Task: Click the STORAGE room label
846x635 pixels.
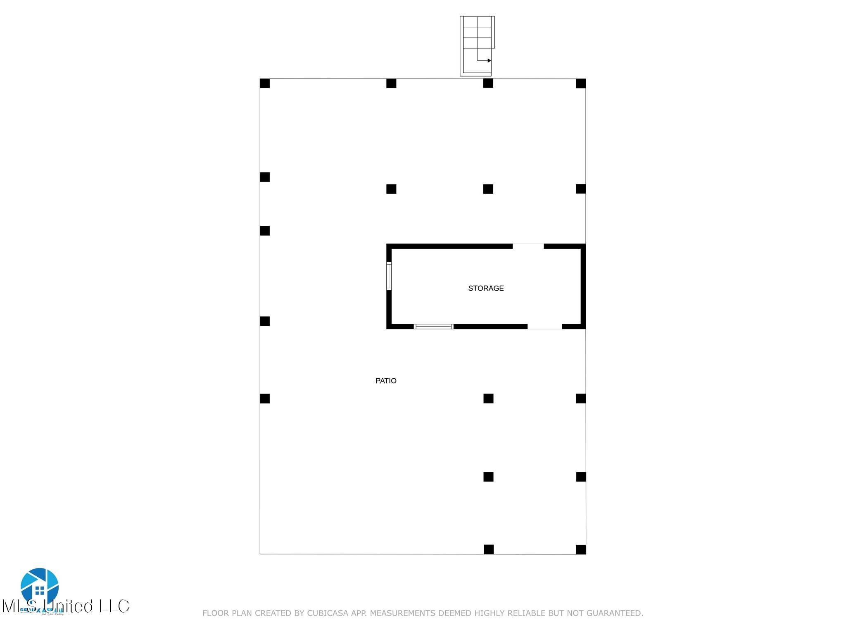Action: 486,288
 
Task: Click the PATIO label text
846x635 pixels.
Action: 386,381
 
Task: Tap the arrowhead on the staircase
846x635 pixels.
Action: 489,60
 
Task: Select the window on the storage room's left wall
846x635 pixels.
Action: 389,276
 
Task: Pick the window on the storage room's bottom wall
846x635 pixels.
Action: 433,327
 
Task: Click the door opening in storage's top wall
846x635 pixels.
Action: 528,246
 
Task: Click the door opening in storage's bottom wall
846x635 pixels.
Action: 544,327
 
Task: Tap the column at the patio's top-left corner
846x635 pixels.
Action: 265,84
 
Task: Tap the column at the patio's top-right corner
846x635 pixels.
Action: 581,84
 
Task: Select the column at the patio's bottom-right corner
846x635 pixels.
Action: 581,549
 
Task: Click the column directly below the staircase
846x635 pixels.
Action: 488,84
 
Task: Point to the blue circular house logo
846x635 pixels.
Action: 40,586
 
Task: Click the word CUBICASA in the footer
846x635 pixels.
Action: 328,613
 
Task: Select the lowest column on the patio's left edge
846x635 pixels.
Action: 265,399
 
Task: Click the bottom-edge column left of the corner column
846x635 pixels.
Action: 489,549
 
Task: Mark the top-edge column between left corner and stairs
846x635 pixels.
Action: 391,84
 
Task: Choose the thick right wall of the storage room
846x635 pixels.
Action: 583,286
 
